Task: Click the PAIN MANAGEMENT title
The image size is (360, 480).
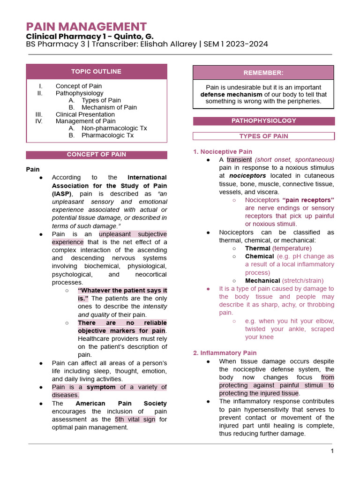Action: click(86, 27)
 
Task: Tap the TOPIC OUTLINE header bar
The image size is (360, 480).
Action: click(96, 72)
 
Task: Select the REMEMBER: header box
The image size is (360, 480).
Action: click(263, 73)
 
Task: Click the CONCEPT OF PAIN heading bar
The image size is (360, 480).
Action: click(96, 155)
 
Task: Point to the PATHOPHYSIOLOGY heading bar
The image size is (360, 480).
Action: click(263, 121)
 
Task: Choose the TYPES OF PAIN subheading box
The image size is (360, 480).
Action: click(263, 136)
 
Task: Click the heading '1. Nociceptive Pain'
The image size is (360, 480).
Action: click(223, 152)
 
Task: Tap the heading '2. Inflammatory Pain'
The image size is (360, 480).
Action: click(225, 353)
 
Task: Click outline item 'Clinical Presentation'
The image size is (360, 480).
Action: click(85, 114)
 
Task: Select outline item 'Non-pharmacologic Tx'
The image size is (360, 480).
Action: click(114, 128)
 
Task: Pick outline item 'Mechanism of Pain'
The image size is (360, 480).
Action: click(109, 107)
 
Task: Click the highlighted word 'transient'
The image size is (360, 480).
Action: click(239, 160)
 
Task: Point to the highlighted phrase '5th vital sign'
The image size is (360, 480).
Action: click(135, 420)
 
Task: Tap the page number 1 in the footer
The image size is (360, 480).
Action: click(332, 451)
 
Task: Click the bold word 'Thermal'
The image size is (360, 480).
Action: click(257, 248)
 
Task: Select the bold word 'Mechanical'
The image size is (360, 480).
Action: click(262, 281)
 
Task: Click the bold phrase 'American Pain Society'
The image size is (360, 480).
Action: click(121, 404)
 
